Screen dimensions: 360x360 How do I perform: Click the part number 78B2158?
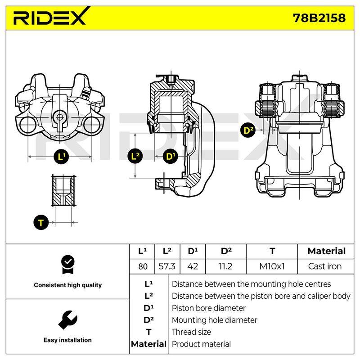pyautogui.click(x=319, y=18)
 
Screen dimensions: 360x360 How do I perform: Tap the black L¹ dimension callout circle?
pyautogui.click(x=61, y=157)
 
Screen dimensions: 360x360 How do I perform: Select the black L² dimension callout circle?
pyautogui.click(x=135, y=156)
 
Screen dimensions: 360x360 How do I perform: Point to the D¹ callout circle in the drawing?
pyautogui.click(x=170, y=156)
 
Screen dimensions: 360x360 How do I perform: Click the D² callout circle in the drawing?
pyautogui.click(x=248, y=130)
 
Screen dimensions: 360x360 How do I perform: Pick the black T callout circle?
pyautogui.click(x=41, y=222)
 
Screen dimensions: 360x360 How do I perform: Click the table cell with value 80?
pyautogui.click(x=143, y=266)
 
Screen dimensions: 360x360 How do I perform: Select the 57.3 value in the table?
pyautogui.click(x=167, y=266)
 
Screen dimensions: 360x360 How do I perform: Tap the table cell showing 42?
pyautogui.click(x=193, y=266)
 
